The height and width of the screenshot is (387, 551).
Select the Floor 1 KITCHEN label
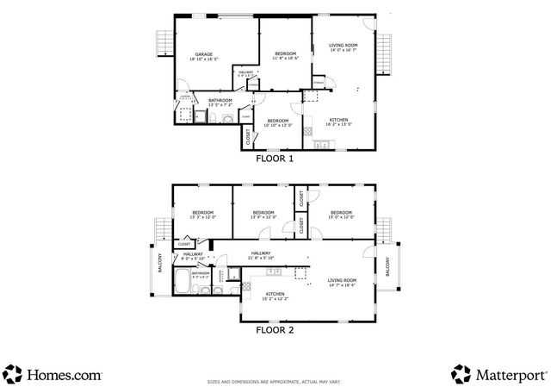click(x=338, y=121)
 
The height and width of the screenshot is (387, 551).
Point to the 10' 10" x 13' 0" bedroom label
click(x=278, y=122)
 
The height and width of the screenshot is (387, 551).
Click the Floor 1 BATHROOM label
click(x=220, y=102)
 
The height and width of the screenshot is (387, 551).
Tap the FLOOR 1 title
click(x=275, y=159)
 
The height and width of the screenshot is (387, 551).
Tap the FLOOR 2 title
click(x=275, y=328)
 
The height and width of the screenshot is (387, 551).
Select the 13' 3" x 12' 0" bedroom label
click(x=202, y=215)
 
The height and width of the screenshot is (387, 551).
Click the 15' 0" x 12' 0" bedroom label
click(x=341, y=215)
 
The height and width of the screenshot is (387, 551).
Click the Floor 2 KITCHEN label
click(x=275, y=296)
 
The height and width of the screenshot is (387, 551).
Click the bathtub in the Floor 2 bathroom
click(x=183, y=281)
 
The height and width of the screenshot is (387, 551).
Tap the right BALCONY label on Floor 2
click(x=387, y=266)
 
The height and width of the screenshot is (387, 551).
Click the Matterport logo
click(x=498, y=373)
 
